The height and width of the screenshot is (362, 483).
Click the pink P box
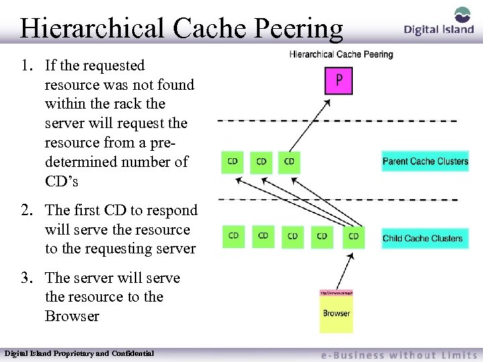tap(339, 80)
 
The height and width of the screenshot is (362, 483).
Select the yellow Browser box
tap(336, 312)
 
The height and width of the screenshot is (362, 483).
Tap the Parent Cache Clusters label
tap(425, 161)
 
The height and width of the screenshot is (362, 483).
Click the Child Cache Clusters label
tap(423, 238)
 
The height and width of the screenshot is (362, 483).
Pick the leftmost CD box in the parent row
tap(232, 161)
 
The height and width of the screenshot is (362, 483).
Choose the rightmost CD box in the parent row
tap(289, 161)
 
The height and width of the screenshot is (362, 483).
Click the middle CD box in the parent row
tap(261, 161)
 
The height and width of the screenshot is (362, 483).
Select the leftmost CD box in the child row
tap(233, 236)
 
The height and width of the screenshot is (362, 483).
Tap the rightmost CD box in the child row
tap(354, 237)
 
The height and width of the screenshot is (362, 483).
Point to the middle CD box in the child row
tap(292, 236)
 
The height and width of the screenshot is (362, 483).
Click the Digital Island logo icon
tap(463, 15)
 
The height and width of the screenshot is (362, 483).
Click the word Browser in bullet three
tap(72, 316)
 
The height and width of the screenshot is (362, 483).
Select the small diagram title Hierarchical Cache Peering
tap(341, 54)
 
